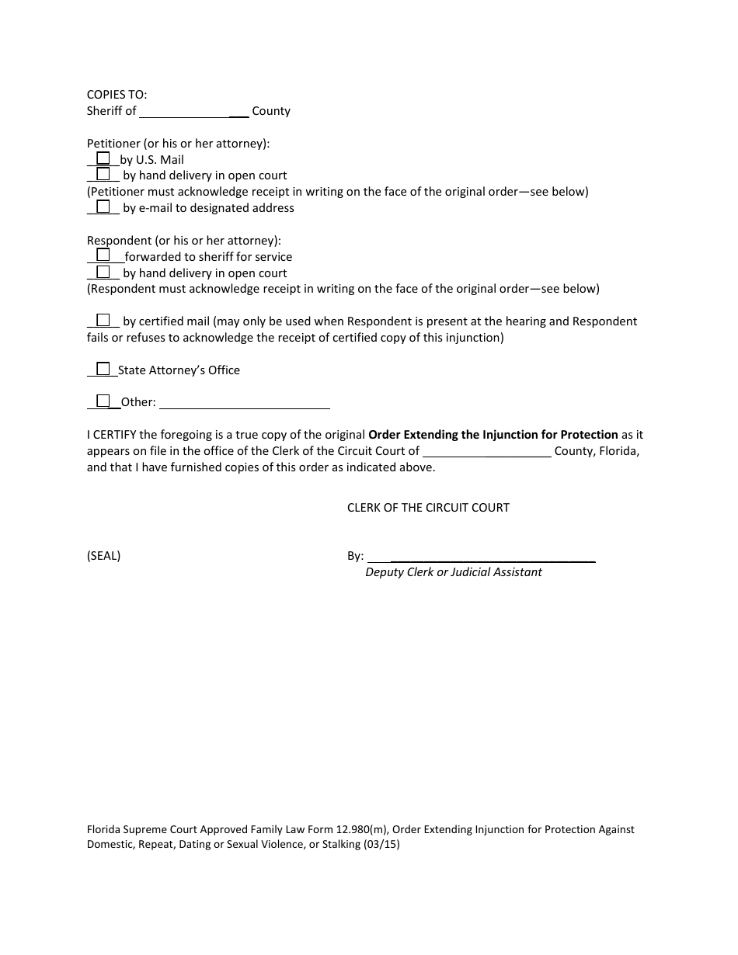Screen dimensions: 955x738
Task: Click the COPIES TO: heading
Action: click(x=117, y=95)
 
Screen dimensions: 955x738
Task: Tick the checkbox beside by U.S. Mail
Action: click(x=103, y=158)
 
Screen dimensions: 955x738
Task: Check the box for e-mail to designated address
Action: click(x=103, y=207)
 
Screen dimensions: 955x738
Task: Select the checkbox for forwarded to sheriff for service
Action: click(x=103, y=255)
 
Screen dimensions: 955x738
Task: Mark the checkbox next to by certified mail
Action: click(x=103, y=320)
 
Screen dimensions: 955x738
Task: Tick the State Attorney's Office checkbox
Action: click(x=103, y=369)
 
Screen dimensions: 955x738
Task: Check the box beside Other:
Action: click(x=103, y=401)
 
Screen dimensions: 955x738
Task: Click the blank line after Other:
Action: click(x=244, y=403)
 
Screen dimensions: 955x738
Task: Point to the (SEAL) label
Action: click(x=103, y=556)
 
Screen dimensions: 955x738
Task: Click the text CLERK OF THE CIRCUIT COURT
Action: click(x=428, y=508)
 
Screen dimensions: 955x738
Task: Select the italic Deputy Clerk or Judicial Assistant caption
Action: click(x=454, y=572)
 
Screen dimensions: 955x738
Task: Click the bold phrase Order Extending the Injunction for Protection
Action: click(x=493, y=435)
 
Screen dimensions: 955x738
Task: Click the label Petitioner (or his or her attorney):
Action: click(x=178, y=144)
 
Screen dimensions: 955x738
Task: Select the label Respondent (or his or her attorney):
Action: click(x=183, y=241)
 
